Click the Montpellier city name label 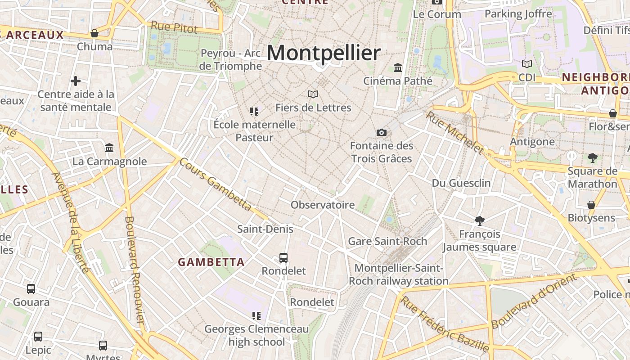click(324, 53)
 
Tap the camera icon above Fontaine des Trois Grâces click(381, 132)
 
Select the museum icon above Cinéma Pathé click(398, 68)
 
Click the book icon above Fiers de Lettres click(313, 94)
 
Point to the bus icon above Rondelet click(283, 257)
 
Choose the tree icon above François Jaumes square click(480, 220)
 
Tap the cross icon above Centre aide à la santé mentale click(76, 81)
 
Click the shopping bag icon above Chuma click(94, 33)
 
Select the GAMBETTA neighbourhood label click(211, 262)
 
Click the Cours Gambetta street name click(215, 184)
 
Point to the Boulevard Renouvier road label click(134, 270)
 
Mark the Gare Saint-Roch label click(387, 241)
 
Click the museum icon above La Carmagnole click(109, 148)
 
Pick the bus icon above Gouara click(31, 289)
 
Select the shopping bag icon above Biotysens click(591, 205)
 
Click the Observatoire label click(323, 205)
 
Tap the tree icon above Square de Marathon click(593, 157)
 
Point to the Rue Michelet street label click(454, 132)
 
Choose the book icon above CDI click(527, 64)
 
